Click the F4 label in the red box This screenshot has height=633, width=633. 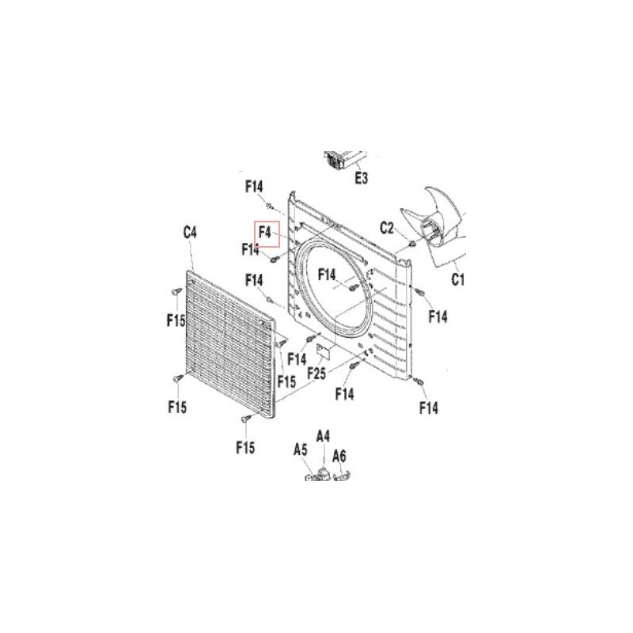tap(265, 233)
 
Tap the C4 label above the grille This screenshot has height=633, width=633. tap(190, 233)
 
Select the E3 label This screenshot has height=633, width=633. tap(362, 177)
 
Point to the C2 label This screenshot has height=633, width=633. tap(387, 228)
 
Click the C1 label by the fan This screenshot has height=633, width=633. tap(457, 279)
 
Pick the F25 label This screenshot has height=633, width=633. tap(316, 373)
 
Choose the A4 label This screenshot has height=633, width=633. tap(323, 437)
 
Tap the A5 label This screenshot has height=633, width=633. tap(301, 449)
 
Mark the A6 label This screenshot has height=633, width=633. tap(339, 457)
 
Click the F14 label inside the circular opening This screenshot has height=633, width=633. tap(327, 275)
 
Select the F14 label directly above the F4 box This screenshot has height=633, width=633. tap(254, 187)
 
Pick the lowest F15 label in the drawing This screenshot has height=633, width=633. tap(245, 447)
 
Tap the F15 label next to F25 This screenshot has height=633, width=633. tap(286, 381)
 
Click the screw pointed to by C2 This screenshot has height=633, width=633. tap(412, 244)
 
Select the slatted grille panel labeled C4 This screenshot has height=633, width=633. tap(231, 344)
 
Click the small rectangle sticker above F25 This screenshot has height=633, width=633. tap(324, 350)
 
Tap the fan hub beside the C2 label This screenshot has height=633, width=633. tap(433, 231)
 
